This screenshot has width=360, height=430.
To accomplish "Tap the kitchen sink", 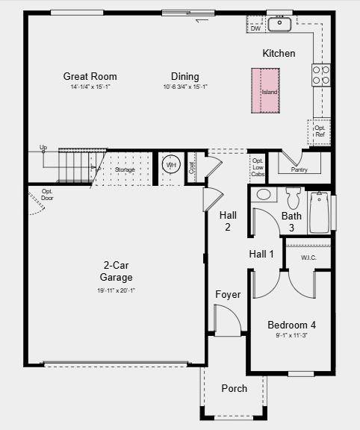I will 279,24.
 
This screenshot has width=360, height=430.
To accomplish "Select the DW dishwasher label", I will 255,28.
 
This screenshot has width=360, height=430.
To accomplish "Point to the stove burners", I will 321,74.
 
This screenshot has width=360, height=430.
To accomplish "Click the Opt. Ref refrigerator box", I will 320,131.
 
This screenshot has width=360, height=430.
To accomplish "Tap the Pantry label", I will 299,169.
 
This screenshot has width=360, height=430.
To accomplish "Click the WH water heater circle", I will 171,166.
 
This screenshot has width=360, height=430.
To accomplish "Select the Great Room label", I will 90,76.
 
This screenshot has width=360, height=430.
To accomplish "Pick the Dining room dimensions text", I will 184,87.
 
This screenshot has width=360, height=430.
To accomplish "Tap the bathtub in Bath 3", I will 319,213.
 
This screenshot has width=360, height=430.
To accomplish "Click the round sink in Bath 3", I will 264,195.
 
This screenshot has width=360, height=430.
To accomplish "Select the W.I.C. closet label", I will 310,258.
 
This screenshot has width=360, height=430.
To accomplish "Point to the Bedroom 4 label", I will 292,325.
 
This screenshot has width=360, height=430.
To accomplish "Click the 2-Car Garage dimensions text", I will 117,290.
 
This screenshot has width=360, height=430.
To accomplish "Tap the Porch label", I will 235,388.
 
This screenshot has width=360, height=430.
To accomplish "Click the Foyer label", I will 228,294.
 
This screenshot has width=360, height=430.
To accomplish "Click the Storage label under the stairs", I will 125,170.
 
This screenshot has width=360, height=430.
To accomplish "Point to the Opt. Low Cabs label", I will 258,167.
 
